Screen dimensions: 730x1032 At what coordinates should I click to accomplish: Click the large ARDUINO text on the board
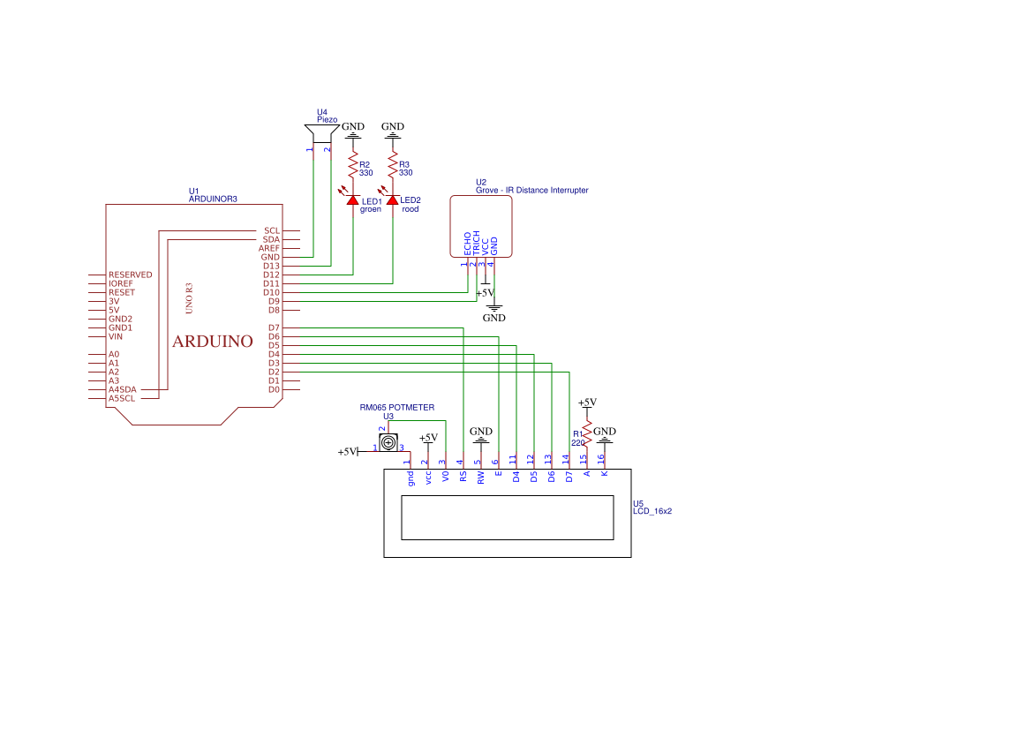pos(212,342)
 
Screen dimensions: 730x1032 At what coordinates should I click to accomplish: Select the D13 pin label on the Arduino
pos(271,266)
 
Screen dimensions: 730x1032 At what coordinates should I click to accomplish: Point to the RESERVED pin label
pos(130,275)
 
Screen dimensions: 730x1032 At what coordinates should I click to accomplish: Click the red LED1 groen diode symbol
pos(353,200)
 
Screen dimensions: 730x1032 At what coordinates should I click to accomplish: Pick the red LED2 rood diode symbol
pos(393,200)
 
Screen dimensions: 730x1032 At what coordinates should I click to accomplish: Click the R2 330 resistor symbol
pos(353,167)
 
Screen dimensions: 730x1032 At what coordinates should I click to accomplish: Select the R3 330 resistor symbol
pos(393,167)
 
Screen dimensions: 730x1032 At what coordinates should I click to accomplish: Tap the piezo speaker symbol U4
pos(320,133)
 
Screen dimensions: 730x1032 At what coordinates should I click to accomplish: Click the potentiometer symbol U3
pos(388,441)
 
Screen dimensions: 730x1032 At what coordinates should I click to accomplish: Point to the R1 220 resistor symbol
pos(586,433)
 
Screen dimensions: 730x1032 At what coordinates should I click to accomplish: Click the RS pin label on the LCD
pos(463,477)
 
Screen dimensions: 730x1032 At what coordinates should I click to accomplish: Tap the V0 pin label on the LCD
pos(445,477)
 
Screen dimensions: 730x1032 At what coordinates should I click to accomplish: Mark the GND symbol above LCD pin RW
pos(480,434)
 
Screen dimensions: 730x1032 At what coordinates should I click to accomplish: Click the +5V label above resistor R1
pos(587,402)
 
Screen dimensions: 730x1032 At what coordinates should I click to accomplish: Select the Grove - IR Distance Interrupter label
pos(531,190)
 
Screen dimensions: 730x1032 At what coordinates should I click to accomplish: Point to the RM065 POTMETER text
pos(396,408)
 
